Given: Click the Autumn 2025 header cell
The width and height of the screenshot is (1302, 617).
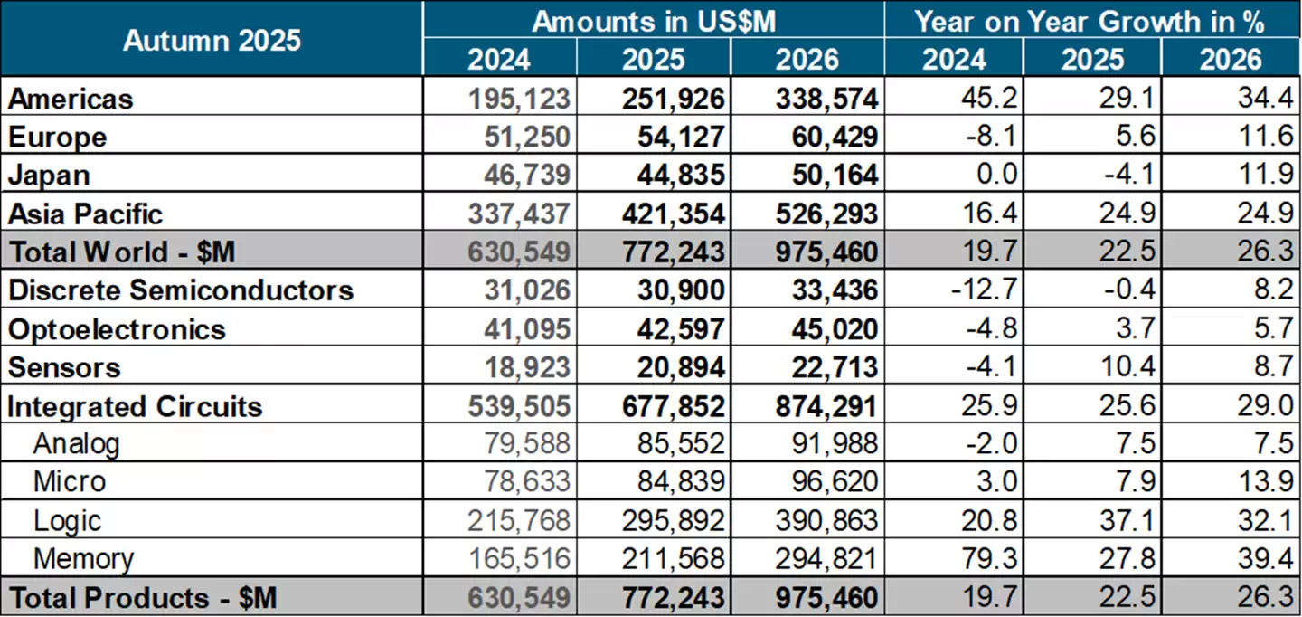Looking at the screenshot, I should point(212,40).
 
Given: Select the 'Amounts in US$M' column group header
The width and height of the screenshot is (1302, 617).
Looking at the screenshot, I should point(653,21).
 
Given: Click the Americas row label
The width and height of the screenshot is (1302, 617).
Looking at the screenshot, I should point(71,99).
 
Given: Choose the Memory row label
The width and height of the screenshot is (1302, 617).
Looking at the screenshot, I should point(83,559).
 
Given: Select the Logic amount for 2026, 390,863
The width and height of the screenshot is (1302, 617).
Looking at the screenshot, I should point(826,520).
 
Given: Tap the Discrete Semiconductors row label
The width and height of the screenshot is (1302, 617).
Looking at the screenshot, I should point(180,290).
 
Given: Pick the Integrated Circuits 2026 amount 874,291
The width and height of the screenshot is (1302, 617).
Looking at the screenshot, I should point(826,406).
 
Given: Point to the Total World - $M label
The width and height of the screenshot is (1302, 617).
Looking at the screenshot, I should point(121,252).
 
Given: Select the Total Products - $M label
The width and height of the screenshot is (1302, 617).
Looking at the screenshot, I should point(142,598).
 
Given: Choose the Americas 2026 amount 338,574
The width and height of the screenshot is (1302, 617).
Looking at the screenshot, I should point(826,99).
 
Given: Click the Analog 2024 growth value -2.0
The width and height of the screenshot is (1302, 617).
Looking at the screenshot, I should point(995,444).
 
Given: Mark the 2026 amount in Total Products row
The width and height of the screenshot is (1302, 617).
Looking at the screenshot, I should point(826,598).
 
